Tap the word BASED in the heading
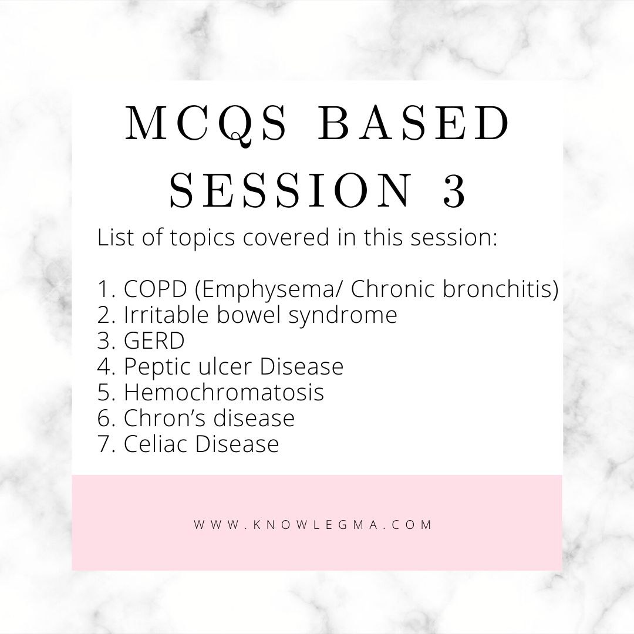[x=414, y=123]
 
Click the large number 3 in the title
[x=454, y=190]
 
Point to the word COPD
[x=155, y=289]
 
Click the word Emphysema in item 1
[x=266, y=289]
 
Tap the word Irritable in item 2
[x=166, y=315]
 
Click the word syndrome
[x=343, y=316]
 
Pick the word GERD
[x=154, y=340]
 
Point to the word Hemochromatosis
[x=224, y=392]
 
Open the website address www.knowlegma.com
[x=313, y=525]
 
